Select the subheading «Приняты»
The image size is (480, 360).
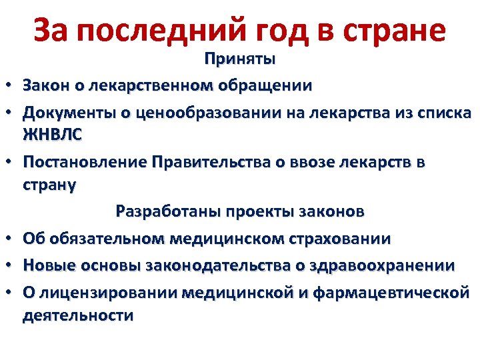click(240, 60)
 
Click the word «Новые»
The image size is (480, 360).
click(45, 265)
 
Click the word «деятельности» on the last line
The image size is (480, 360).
click(78, 315)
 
